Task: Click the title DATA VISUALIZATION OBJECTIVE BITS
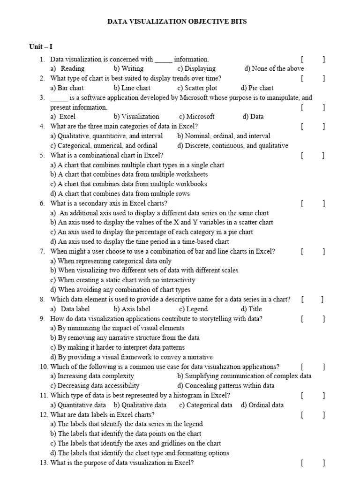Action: click(x=177, y=22)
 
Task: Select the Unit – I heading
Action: click(x=41, y=46)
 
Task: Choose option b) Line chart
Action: click(x=132, y=88)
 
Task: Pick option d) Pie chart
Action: click(x=257, y=88)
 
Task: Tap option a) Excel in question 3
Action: click(x=63, y=117)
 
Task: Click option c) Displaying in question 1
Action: click(x=196, y=68)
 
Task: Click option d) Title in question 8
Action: click(x=251, y=309)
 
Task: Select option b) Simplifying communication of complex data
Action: click(x=244, y=376)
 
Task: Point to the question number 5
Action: click(x=42, y=155)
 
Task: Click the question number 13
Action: click(x=44, y=463)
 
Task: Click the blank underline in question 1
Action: click(x=164, y=60)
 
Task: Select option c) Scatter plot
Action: click(x=197, y=88)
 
